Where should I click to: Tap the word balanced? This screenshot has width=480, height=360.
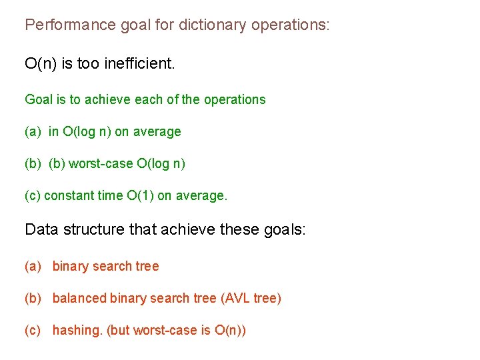point(79,298)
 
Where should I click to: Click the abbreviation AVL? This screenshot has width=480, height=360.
point(239,298)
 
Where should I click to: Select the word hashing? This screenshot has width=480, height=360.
point(77,331)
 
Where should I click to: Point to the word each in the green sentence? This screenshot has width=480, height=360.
point(148,99)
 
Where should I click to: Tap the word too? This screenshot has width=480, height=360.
point(88,64)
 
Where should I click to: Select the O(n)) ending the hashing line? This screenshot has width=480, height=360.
point(230,331)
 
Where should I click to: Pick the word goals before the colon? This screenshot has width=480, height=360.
point(283,230)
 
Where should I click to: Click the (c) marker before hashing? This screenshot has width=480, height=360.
point(33,331)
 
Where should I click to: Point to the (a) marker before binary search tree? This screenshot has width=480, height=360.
point(33,267)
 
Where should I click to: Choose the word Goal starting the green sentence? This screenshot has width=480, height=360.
point(37,99)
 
